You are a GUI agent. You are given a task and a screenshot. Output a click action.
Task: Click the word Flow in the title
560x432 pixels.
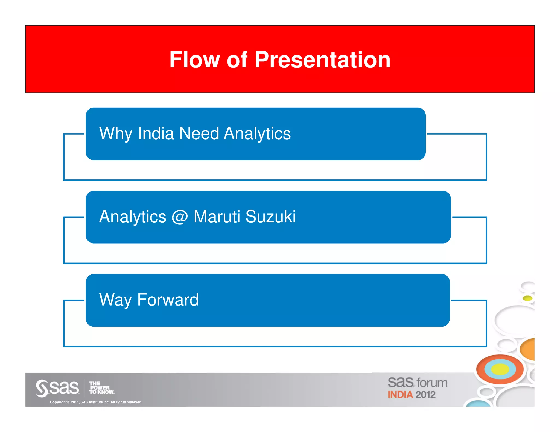(194, 60)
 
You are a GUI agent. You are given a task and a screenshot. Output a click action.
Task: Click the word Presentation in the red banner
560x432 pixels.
(322, 60)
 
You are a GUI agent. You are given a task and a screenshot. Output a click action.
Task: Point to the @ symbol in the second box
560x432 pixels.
(180, 217)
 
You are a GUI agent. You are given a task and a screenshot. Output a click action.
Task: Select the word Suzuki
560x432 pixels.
(270, 217)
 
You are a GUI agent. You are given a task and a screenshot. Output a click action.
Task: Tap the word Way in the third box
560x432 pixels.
(115, 300)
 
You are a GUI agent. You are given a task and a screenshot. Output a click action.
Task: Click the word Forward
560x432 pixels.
(168, 300)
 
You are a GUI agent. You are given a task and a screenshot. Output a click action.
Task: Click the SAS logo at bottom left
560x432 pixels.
(57, 388)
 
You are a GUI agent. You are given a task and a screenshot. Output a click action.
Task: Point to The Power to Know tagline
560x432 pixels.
(101, 388)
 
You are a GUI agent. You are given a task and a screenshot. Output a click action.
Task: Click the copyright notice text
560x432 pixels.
(96, 402)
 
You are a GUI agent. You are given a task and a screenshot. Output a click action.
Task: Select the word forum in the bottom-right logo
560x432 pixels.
(432, 383)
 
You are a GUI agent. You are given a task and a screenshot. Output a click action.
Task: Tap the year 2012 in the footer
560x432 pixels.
(425, 395)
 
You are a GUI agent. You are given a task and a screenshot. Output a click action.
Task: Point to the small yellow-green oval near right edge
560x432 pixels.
(527, 298)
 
